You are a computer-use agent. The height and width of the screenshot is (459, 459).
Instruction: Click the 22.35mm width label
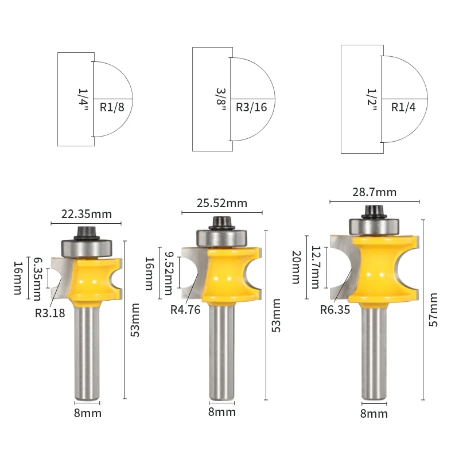pos(87,214)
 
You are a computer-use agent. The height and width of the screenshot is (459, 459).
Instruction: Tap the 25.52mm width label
pos(222,203)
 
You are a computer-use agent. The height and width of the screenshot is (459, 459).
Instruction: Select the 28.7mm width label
pos(375,192)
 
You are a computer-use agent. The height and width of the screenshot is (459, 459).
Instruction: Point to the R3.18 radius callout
pos(50,313)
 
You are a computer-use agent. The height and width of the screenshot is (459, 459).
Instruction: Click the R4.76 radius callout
pos(185,309)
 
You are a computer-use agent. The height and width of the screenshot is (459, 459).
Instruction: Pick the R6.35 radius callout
pos(335,309)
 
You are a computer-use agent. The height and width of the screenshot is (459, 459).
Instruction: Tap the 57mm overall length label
pos(433,310)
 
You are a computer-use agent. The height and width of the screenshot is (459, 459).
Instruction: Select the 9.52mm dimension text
pos(169,273)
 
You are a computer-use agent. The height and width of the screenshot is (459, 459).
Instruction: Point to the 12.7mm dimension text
pos(316,267)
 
